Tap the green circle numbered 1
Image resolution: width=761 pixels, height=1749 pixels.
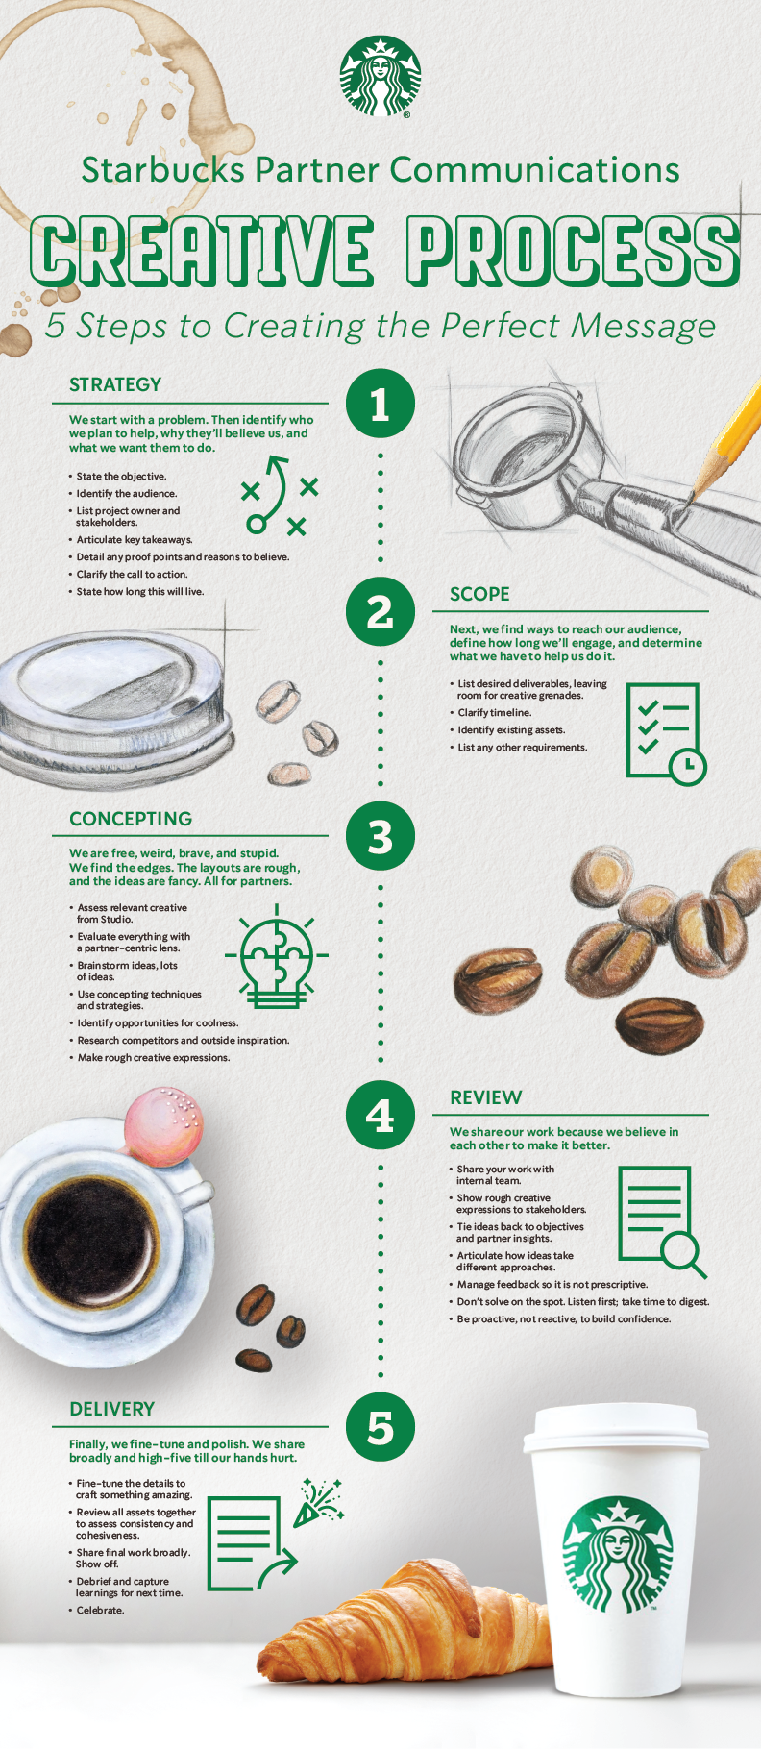[380, 404]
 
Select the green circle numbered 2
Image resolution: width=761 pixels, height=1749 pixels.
[380, 611]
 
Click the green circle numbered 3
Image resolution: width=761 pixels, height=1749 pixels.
[380, 836]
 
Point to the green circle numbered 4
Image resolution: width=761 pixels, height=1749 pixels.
[380, 1115]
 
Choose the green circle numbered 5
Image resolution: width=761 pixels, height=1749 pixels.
[380, 1427]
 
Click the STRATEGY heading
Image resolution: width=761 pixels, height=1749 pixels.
[115, 384]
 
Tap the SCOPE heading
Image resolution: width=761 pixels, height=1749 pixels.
[479, 594]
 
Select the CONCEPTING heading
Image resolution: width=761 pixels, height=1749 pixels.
[131, 819]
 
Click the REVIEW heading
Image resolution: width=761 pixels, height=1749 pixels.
[485, 1097]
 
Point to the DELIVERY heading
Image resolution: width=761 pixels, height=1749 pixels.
[111, 1409]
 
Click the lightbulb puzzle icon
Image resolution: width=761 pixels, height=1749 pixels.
[277, 956]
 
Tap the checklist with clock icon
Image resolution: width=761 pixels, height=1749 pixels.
[665, 732]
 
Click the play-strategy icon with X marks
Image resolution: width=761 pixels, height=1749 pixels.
[279, 495]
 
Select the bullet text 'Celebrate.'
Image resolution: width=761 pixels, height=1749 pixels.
[100, 1610]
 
